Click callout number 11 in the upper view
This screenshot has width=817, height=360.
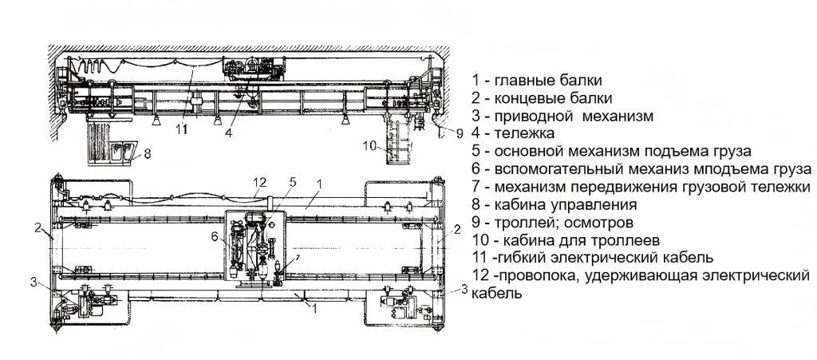(x=183, y=129)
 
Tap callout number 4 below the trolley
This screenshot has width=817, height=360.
(x=228, y=133)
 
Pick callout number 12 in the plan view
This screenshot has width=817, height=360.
(x=258, y=183)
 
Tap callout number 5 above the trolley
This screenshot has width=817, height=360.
(x=292, y=183)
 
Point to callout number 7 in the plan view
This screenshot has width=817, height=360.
(x=296, y=258)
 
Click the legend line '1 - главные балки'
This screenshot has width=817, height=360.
(x=536, y=80)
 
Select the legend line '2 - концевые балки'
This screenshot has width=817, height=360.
(x=542, y=98)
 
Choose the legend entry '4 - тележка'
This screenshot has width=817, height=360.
(x=512, y=133)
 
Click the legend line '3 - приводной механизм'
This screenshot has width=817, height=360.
(x=562, y=116)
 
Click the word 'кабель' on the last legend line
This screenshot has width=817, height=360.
(x=497, y=293)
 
